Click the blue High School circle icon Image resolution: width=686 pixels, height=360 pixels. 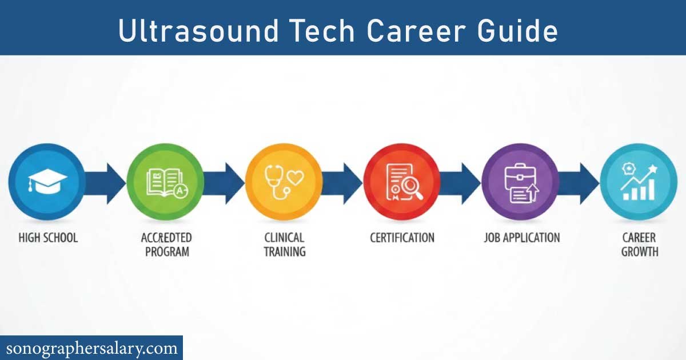tap(47, 182)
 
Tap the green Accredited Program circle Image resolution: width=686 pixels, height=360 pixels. tap(165, 182)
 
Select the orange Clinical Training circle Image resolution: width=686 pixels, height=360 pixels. tap(284, 182)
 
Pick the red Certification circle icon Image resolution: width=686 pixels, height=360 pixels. tap(402, 182)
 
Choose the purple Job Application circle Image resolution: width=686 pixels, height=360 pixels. tap(520, 182)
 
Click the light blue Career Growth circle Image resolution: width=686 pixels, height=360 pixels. tap(639, 182)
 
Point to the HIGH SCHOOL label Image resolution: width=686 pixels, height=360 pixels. tap(47, 237)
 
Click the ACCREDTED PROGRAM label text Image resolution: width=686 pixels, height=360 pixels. tap(166, 244)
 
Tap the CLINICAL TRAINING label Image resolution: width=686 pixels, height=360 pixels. tap(284, 244)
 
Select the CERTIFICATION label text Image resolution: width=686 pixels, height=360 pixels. tap(402, 237)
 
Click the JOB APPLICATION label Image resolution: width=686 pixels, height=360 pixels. tap(521, 237)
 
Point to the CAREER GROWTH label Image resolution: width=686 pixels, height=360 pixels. tap(639, 244)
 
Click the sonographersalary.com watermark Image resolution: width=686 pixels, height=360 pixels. tap(91, 347)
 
